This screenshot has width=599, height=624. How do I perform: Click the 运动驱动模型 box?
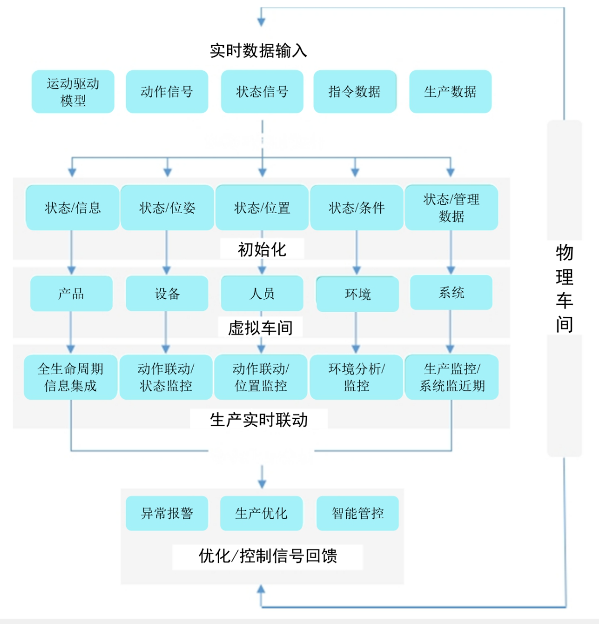(73, 91)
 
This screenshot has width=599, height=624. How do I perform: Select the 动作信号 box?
(167, 91)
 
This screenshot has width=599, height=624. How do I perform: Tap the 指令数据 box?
(355, 91)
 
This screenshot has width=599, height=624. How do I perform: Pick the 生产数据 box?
(450, 91)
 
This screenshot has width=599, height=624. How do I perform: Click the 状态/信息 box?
(72, 208)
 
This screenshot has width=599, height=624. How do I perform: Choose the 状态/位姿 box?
(167, 208)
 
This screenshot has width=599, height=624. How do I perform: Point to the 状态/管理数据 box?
(451, 207)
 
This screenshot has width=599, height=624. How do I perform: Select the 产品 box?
(71, 293)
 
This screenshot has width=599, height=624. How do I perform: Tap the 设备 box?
(167, 293)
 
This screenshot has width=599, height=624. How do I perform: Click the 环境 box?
(357, 294)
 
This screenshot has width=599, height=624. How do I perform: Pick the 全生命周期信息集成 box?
(70, 377)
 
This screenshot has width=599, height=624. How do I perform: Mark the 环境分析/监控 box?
(356, 377)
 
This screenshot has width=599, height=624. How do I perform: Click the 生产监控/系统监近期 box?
(452, 377)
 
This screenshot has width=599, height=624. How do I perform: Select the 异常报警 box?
(167, 513)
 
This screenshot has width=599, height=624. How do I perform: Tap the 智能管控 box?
(357, 513)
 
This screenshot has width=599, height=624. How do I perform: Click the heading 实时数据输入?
(259, 50)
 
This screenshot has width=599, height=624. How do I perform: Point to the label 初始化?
(262, 249)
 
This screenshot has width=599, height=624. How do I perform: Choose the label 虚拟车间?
(260, 327)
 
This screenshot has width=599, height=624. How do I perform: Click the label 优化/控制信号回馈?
(268, 556)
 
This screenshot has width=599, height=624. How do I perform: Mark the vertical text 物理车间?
(564, 288)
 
